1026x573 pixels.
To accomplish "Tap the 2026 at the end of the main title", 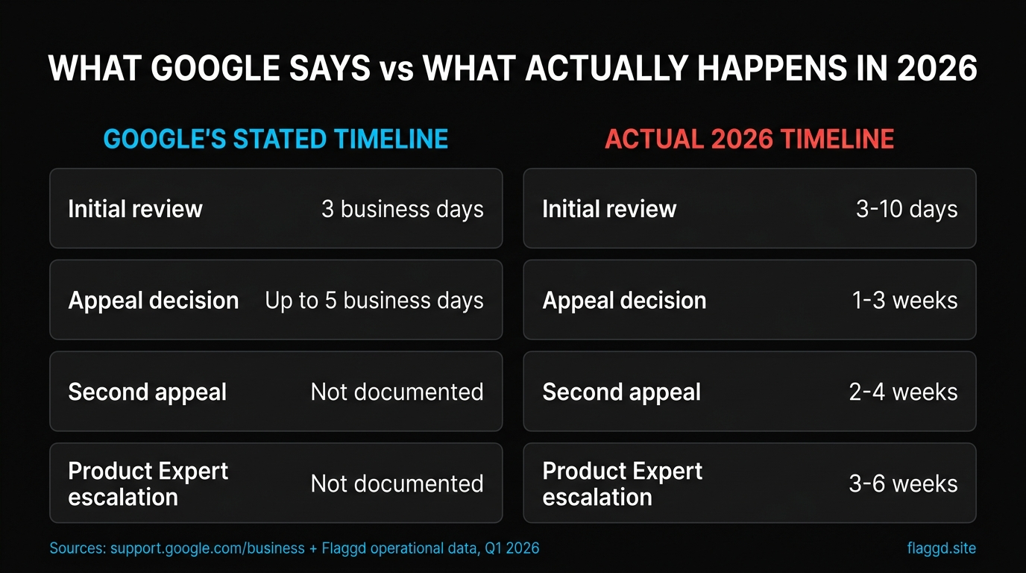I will point(937,69).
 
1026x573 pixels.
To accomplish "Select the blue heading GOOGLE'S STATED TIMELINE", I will point(276,140).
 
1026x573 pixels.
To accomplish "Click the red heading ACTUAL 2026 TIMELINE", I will point(749,140).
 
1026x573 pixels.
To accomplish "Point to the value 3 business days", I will point(402,209).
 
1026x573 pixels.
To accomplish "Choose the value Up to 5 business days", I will point(374,301).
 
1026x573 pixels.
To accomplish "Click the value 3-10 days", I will point(907,209).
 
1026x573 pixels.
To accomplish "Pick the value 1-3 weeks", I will point(904,301).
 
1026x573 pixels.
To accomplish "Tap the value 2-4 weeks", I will point(903,392).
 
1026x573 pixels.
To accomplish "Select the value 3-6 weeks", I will point(903,484).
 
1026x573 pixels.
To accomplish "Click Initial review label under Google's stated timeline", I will point(135,209).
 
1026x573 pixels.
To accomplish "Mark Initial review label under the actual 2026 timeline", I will point(609,209).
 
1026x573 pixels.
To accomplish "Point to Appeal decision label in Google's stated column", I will point(154,301).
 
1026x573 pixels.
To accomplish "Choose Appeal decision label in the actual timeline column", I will point(624,301).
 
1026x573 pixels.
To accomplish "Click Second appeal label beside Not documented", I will point(148,392).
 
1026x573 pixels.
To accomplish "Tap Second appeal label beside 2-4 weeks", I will point(621,392).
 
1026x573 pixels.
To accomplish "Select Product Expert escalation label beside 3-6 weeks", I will point(622,484).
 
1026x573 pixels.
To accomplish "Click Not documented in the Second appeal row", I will point(397,392).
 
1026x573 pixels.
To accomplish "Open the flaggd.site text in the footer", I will point(941,548).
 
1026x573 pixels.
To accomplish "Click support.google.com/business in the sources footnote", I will point(207,548).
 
